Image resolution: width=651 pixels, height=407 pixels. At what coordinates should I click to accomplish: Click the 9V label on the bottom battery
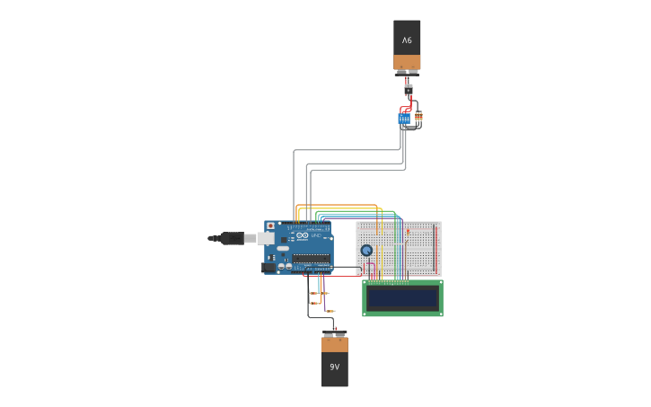coord(334,367)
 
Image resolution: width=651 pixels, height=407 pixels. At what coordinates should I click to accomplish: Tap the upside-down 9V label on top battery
coord(407,40)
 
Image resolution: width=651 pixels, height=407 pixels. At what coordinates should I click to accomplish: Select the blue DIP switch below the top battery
coord(404,118)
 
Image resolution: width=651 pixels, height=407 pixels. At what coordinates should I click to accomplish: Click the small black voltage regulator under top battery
coord(408,88)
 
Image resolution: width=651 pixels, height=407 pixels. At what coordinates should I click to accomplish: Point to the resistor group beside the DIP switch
coord(418,116)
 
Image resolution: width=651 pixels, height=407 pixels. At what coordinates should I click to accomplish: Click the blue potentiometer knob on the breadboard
coord(366,251)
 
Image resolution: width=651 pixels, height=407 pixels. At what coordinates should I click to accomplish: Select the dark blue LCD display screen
coord(402,298)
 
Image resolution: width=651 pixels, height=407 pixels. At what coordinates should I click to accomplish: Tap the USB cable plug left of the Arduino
coord(232,238)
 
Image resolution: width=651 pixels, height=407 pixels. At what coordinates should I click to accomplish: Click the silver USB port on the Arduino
coord(267,238)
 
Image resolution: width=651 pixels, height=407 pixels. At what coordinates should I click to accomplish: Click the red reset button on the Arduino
coord(270,226)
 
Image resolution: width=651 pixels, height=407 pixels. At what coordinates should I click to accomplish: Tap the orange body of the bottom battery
coord(334,345)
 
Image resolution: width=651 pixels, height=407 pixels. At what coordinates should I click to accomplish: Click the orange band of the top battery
coord(407,62)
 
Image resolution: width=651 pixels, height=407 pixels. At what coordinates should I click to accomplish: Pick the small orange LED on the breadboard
coord(408,233)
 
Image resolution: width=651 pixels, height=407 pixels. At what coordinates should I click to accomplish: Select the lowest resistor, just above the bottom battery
coord(330,311)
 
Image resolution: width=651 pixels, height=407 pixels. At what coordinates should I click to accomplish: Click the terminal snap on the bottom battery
coord(334,334)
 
